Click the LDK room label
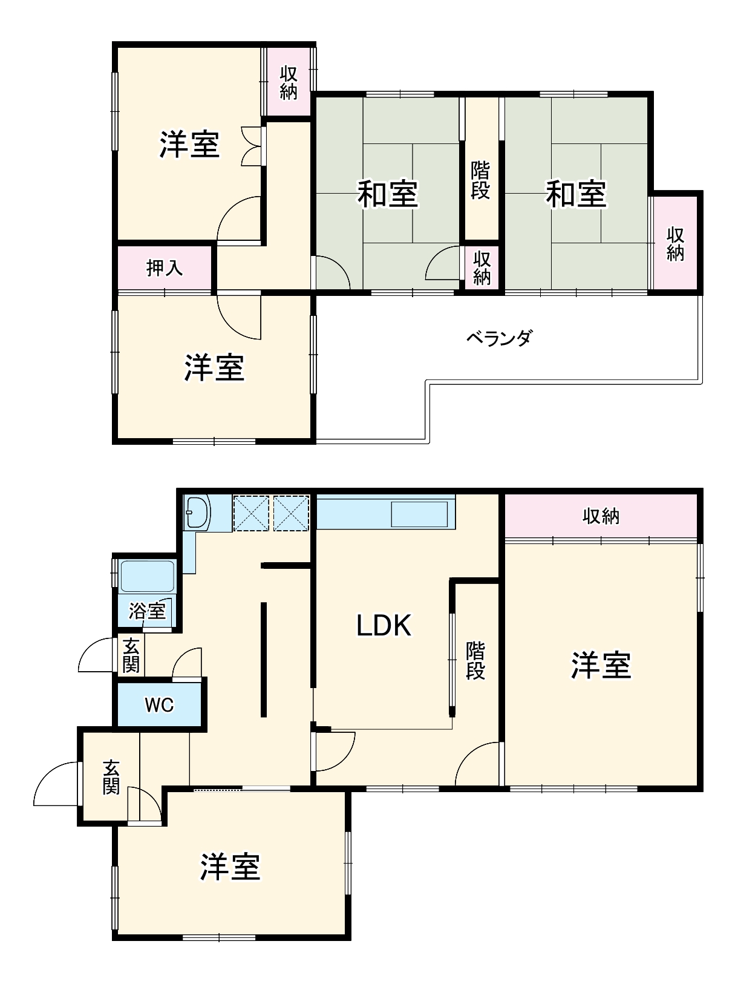point(384,625)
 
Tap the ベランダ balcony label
point(499,338)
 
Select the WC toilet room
point(159,704)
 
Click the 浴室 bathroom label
point(147,611)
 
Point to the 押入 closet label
point(165,267)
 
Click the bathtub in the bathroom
point(148,575)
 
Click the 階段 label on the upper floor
point(481,180)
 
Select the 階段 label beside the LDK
point(475,660)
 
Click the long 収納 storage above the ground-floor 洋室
point(601,516)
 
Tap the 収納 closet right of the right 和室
point(675,243)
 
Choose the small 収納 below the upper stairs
point(482,268)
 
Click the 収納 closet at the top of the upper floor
point(289,82)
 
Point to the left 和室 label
point(387,194)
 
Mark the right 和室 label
point(576,194)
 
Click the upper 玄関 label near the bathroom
point(131,655)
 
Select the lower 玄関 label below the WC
point(111,777)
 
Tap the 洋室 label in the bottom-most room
point(230,867)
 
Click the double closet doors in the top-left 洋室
point(252,146)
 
